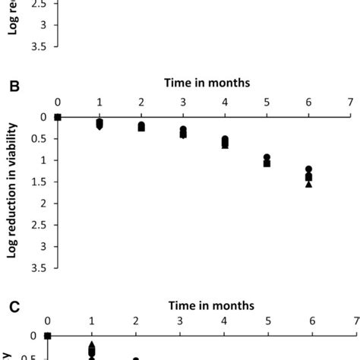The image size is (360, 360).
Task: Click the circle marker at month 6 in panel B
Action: pos(308,169)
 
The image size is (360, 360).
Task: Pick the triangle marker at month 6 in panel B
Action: pos(308,184)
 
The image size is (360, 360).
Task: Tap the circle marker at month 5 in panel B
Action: pos(267,157)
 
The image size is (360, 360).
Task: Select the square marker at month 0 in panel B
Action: pos(58,117)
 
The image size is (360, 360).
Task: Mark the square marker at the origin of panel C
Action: pos(47,336)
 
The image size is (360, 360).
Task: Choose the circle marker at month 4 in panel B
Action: pos(225,139)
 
